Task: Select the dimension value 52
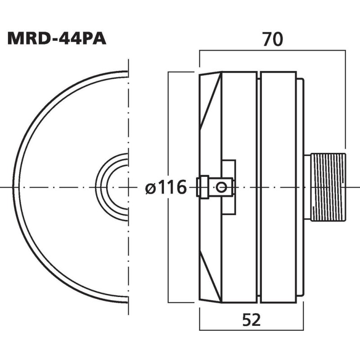(x=252, y=320)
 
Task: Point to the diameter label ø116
(x=166, y=187)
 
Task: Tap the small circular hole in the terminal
(x=220, y=187)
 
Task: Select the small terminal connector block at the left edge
(x=203, y=187)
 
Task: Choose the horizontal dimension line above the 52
(x=252, y=309)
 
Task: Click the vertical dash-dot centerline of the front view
(x=129, y=112)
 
